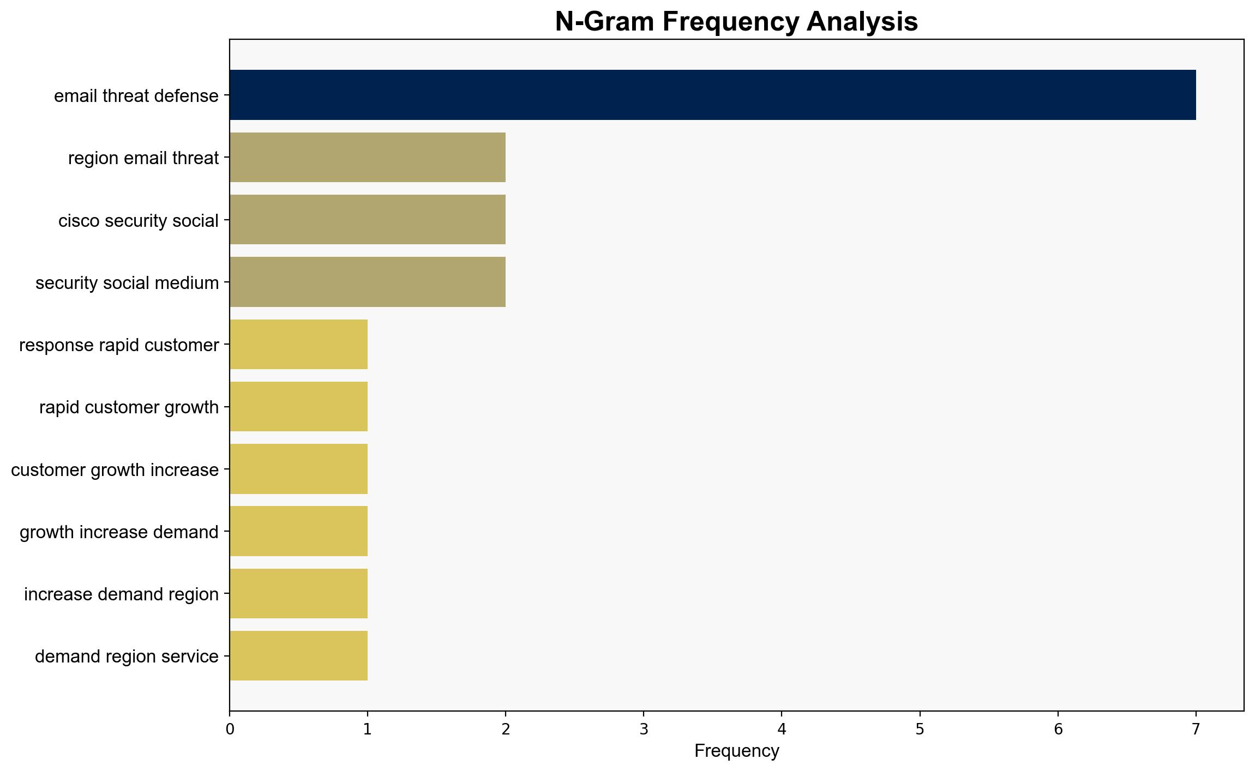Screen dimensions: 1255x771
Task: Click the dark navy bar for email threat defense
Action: pos(713,95)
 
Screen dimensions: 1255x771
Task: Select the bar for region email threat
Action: pos(368,157)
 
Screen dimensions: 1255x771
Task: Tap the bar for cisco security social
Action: pos(368,220)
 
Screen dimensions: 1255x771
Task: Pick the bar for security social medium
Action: pos(368,282)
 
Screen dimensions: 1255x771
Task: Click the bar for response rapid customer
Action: pos(299,344)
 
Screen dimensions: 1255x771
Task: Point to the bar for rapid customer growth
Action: pos(299,407)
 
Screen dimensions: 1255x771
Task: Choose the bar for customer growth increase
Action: pos(299,469)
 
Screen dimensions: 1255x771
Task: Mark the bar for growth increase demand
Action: pos(299,531)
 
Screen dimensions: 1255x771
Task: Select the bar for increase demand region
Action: pos(299,594)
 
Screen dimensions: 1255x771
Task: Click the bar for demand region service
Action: pos(299,656)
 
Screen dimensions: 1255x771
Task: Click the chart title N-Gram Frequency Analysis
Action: pos(736,22)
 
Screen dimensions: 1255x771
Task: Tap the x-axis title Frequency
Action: pos(736,751)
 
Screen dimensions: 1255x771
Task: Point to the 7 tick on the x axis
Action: pos(1196,714)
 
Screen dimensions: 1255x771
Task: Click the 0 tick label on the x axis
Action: pos(230,729)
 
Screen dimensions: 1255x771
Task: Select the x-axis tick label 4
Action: pos(782,729)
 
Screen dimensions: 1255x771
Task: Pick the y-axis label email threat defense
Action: pos(136,96)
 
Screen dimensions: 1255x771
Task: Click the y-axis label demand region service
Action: pos(127,656)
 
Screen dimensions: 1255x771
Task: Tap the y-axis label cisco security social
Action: pos(139,221)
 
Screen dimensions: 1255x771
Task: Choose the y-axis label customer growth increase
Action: pos(115,470)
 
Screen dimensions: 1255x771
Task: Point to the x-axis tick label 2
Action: pos(506,729)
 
